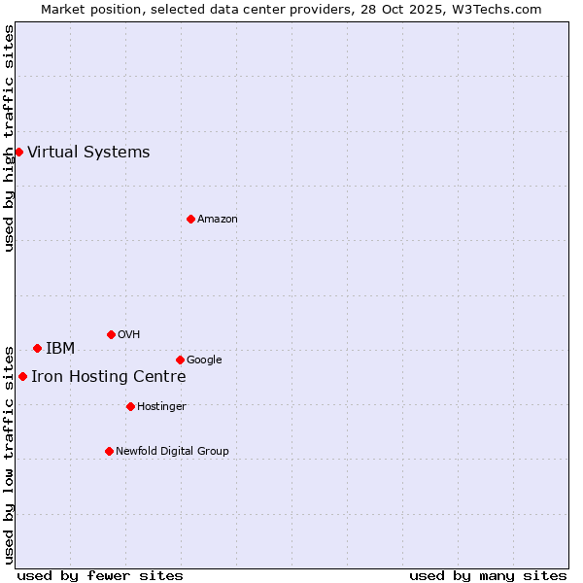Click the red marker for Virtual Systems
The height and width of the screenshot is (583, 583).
(18, 152)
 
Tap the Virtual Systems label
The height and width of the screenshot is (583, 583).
(88, 152)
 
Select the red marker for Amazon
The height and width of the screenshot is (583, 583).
(190, 219)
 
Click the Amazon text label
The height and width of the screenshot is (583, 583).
(218, 220)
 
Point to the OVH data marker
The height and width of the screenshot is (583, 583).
(111, 334)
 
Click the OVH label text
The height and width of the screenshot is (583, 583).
(129, 335)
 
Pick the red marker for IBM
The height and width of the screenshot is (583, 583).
(37, 348)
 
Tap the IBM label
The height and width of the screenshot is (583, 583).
(60, 349)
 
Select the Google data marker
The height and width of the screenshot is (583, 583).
(180, 360)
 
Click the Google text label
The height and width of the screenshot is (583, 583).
(204, 360)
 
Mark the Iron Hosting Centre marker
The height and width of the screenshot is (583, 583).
(22, 376)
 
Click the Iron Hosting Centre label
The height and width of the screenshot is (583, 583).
(109, 377)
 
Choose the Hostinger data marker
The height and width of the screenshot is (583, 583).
(130, 406)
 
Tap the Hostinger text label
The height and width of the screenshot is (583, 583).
(161, 407)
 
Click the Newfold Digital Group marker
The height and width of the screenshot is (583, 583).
(109, 451)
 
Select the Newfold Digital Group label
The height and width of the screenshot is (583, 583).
(173, 452)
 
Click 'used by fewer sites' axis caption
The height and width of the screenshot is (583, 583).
(100, 575)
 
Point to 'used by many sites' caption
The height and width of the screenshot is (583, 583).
(488, 575)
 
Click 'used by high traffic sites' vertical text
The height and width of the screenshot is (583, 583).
(9, 138)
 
